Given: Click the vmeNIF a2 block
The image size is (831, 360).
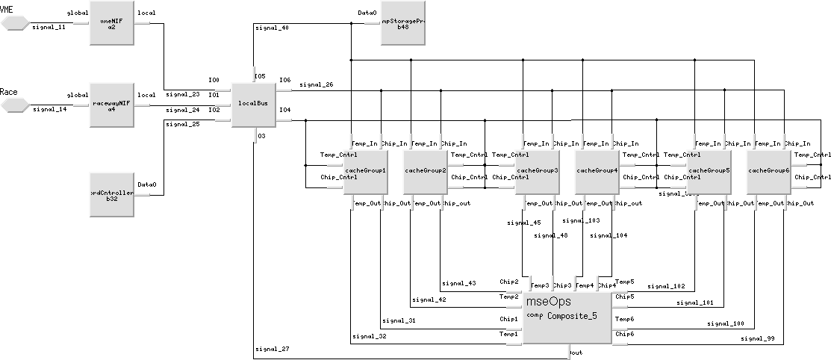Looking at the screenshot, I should (112, 22).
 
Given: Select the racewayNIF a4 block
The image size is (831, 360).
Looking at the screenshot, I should (112, 105).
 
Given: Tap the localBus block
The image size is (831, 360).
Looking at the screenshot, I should (253, 103).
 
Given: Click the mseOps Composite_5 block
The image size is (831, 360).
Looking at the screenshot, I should (567, 317).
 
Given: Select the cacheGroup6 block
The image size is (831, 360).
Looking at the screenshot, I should (768, 171).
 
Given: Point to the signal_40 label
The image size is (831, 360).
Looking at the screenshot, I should (273, 28).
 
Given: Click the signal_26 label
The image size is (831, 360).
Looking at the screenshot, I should (316, 84).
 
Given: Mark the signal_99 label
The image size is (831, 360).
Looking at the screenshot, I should (756, 339).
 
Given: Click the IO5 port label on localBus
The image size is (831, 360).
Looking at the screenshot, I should (260, 76).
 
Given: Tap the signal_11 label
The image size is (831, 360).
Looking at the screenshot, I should (49, 27).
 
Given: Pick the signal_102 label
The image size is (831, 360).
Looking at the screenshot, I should (666, 286).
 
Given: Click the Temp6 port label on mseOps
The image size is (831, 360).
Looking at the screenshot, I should (624, 319).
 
